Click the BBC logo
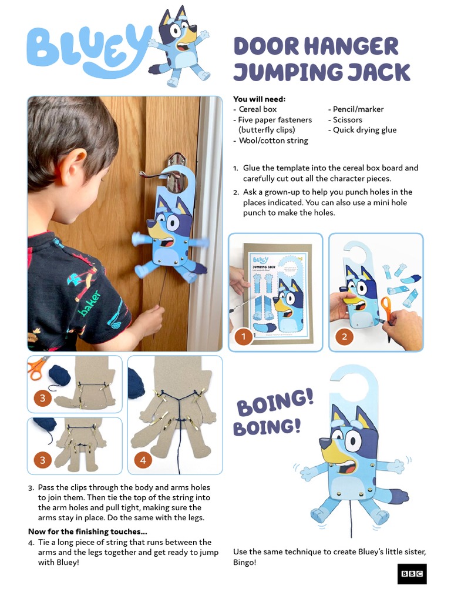[x=412, y=573]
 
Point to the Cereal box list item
[x=257, y=109]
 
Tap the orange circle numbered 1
[x=244, y=337]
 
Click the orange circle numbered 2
[x=344, y=337]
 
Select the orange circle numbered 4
[x=143, y=460]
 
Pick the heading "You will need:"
[x=259, y=99]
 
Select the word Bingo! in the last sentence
[x=245, y=563]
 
